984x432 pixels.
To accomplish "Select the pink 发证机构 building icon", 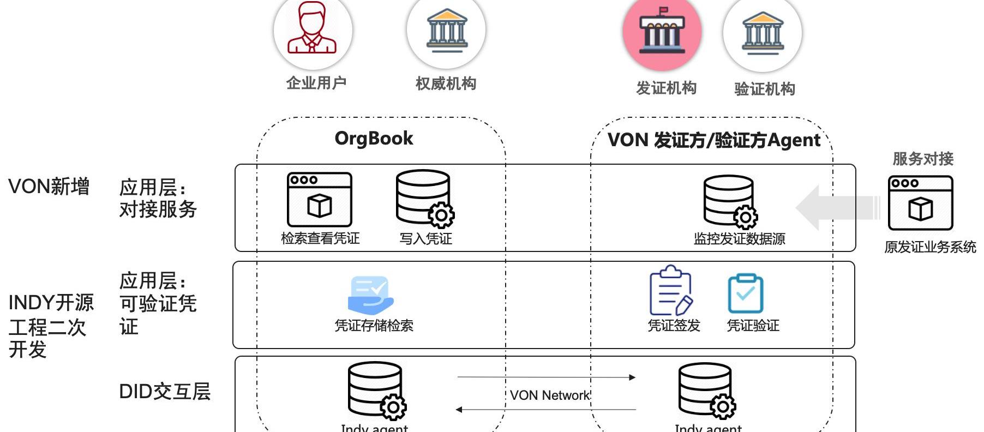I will point(662,32).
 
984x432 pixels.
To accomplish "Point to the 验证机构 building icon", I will point(762,33).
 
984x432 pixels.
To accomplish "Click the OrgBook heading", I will point(374,139).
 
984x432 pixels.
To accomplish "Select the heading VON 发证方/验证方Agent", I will point(713,140).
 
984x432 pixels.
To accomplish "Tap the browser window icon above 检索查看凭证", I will point(319,200).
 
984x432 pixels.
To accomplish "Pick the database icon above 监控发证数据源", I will point(730,201).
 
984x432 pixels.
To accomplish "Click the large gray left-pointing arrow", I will point(837,208).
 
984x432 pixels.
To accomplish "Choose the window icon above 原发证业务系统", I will point(920,203).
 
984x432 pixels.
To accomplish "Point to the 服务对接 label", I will point(922,159).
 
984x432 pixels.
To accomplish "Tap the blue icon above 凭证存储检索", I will point(371,295).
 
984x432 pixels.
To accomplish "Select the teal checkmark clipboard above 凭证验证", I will point(745,293).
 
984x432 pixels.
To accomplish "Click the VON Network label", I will point(549,395).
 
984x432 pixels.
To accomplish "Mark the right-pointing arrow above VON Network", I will point(546,377).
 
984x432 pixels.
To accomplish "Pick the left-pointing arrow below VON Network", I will point(546,409).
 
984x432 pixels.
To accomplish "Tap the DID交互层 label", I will point(165,392).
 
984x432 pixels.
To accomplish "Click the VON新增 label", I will point(49,187).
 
